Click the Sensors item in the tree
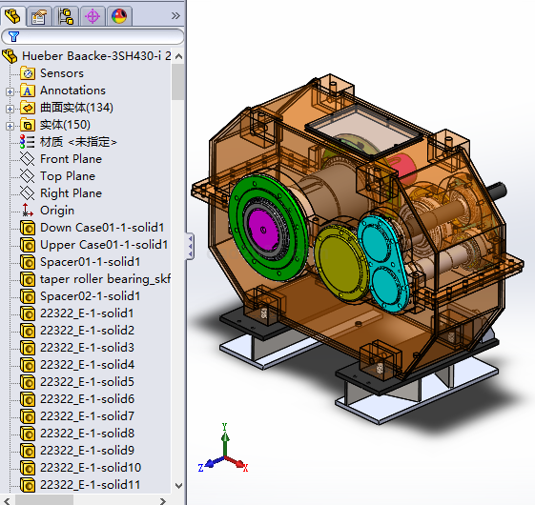click(62, 73)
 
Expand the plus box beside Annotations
click(10, 91)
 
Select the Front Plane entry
click(71, 159)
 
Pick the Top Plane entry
click(68, 176)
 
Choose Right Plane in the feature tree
click(71, 193)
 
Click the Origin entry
click(57, 211)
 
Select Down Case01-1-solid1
click(102, 228)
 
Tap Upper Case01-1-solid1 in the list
click(104, 245)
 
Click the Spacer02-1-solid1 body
click(90, 296)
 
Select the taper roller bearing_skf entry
click(105, 279)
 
